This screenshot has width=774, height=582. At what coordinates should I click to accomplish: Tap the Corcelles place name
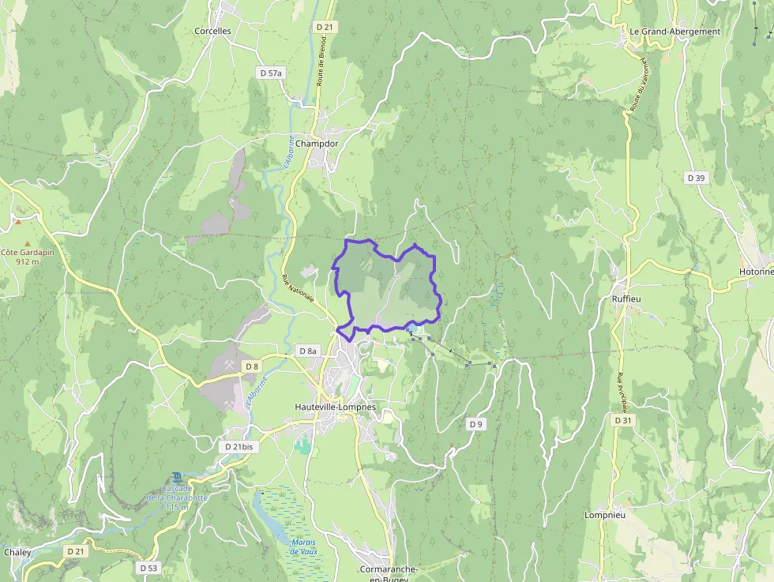point(212,31)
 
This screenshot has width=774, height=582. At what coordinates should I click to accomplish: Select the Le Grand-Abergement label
point(675,32)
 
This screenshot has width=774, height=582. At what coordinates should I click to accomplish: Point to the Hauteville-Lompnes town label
point(335,407)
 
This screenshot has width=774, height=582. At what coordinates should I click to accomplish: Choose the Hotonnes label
point(756,271)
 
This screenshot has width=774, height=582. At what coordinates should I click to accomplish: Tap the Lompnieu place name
point(604,515)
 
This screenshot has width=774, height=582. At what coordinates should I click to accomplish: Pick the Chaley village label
point(17,552)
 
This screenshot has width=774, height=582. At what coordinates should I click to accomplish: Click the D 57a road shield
point(271,73)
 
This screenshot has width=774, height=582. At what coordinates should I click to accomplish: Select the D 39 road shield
point(696,178)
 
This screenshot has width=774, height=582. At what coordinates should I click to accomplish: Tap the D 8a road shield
point(308,351)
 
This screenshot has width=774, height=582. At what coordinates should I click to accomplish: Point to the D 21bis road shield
point(239,446)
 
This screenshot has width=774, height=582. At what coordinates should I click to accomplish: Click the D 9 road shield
point(475,424)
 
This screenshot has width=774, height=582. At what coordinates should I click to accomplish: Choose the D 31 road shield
point(623,420)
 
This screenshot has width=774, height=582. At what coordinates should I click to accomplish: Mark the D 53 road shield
point(148,568)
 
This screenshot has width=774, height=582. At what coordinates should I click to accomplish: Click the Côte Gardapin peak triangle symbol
point(28,243)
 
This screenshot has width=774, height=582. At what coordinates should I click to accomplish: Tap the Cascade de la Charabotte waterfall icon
point(177,477)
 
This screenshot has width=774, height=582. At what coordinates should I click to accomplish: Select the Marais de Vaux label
point(302,546)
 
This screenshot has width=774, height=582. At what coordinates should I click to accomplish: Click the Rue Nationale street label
point(298,287)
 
